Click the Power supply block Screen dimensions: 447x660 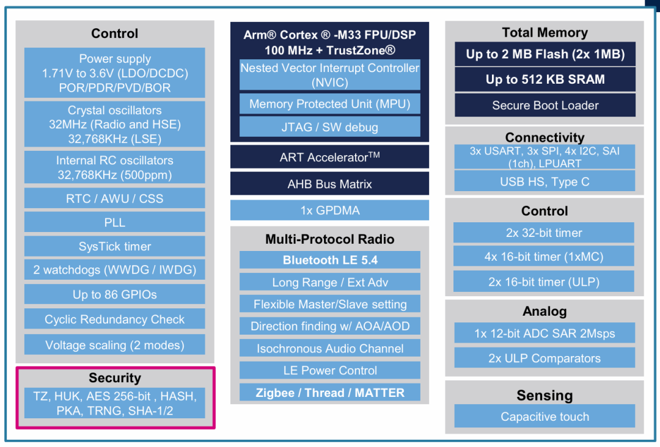tap(115, 73)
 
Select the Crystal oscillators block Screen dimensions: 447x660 tap(115, 125)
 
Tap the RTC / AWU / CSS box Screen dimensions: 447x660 tap(115, 198)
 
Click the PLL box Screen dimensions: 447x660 tap(115, 222)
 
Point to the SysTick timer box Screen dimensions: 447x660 tap(115, 247)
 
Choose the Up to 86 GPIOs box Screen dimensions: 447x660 tap(115, 294)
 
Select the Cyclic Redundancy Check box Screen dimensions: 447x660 tap(115, 319)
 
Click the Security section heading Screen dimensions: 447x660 tap(115, 378)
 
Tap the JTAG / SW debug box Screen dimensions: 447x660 tap(330, 127)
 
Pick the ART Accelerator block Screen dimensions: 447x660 tap(330, 157)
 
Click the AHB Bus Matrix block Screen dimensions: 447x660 tap(330, 184)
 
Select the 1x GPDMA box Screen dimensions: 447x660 tap(330, 211)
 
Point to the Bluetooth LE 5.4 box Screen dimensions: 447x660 tap(330, 260)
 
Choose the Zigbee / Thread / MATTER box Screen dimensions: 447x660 tap(330, 393)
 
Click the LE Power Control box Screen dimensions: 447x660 tap(330, 370)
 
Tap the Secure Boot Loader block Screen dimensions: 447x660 tap(545, 105)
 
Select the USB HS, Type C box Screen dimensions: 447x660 tap(545, 181)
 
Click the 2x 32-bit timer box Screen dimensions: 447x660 tap(544, 233)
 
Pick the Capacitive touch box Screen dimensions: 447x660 tap(545, 416)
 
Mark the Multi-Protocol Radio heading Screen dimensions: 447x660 tap(330, 239)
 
